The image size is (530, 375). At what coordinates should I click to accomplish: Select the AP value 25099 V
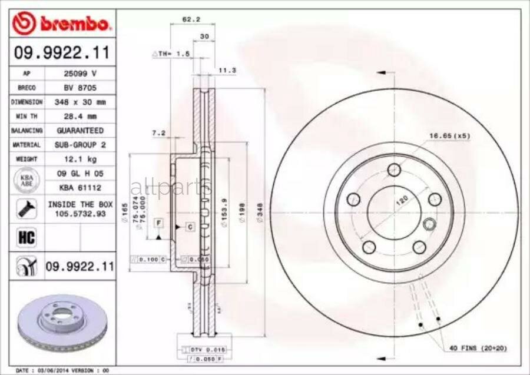pos(80,74)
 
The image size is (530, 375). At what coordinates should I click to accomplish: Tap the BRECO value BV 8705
pos(80,88)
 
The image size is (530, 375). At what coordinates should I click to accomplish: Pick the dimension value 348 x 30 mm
pos(80,102)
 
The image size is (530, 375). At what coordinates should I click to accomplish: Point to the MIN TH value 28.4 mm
pos(80,116)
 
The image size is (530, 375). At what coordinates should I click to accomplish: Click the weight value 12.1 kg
pos(80,159)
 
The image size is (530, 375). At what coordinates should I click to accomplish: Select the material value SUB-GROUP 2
pos(80,144)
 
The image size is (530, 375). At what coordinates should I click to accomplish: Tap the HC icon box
pos(26,238)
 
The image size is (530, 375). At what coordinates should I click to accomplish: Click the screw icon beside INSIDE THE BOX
pos(26,207)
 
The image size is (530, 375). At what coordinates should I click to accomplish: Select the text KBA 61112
pos(80,187)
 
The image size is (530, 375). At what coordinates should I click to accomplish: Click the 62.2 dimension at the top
pos(188,19)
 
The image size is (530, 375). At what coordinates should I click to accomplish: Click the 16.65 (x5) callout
pos(450,137)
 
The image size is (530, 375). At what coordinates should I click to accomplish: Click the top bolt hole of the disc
pos(394,170)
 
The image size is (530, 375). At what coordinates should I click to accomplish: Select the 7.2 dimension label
pos(158,133)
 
